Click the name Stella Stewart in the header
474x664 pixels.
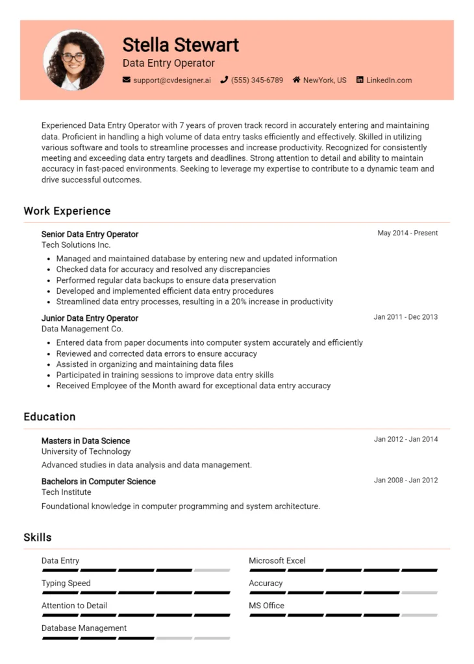point(181,45)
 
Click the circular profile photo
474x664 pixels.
point(73,60)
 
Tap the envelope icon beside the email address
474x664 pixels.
point(127,80)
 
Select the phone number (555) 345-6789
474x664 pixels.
point(257,80)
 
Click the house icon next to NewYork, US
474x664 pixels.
point(296,80)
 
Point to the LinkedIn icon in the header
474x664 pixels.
point(360,80)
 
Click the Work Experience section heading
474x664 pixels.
point(67,211)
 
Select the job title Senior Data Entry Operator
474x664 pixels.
point(90,234)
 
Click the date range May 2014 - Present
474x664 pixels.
point(407,233)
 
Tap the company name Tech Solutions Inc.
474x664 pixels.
point(76,244)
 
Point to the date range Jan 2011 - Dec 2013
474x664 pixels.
point(405,317)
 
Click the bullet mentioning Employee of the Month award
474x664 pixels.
point(193,385)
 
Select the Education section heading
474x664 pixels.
point(49,417)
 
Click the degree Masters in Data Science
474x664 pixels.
point(86,441)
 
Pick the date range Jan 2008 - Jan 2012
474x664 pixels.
point(405,480)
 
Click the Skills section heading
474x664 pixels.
point(38,538)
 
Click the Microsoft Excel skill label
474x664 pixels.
point(277,561)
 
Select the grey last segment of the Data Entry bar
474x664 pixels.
point(212,570)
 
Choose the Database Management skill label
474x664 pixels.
point(84,628)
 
